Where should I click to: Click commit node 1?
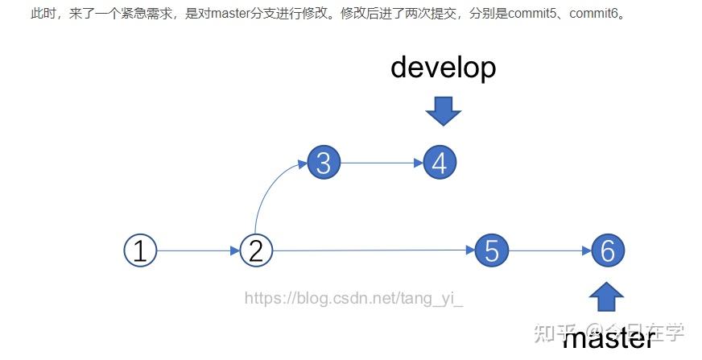pyautogui.click(x=140, y=250)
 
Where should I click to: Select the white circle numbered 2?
pyautogui.click(x=256, y=250)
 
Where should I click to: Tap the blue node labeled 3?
pyautogui.click(x=324, y=163)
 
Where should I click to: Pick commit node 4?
pyautogui.click(x=440, y=163)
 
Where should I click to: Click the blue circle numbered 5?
pyautogui.click(x=492, y=250)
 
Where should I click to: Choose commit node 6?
pyautogui.click(x=608, y=250)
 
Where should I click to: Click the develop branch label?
pyautogui.click(x=443, y=68)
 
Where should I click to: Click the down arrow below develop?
pyautogui.click(x=443, y=110)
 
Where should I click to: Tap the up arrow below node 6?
pyautogui.click(x=606, y=296)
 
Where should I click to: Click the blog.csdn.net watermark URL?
pyautogui.click(x=354, y=299)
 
